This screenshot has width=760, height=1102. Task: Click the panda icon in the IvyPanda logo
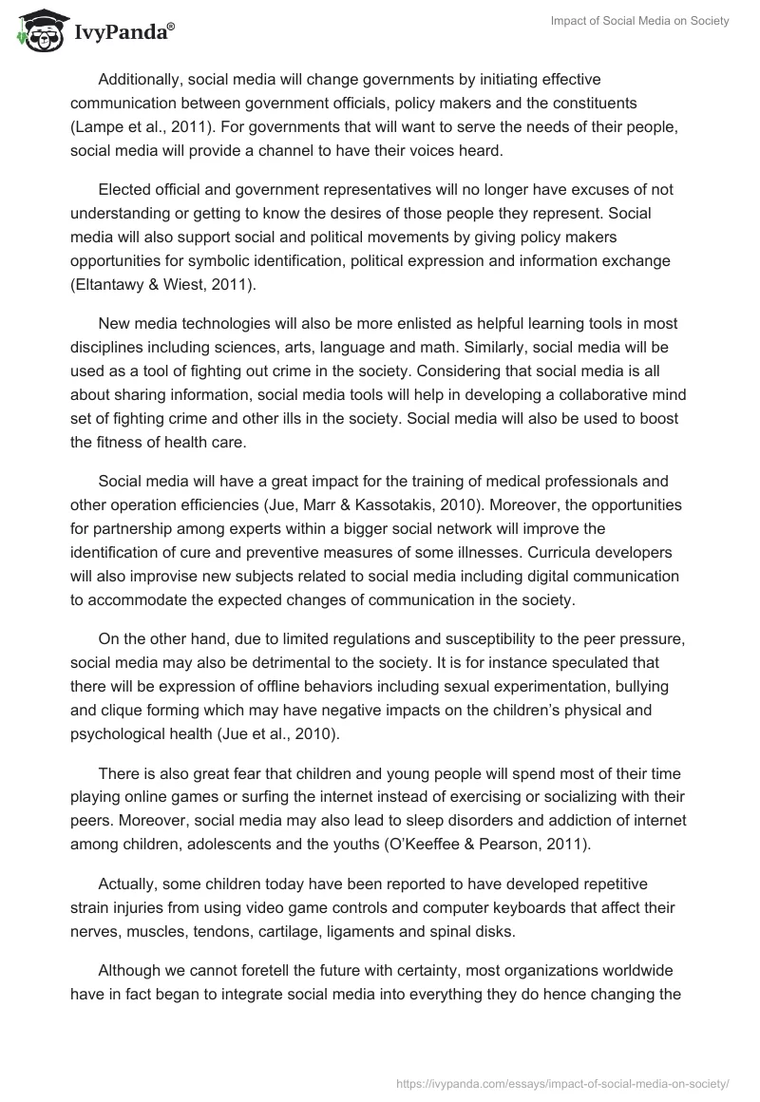[x=35, y=29]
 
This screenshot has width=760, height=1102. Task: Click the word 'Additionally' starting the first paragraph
[x=141, y=78]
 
